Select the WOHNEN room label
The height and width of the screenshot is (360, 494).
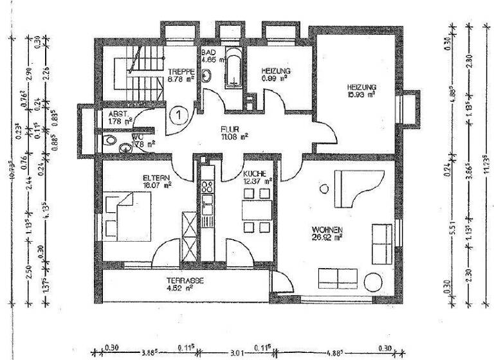click(327, 229)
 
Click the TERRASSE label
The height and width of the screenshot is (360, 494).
click(185, 281)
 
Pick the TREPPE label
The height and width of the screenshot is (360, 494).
click(181, 72)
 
